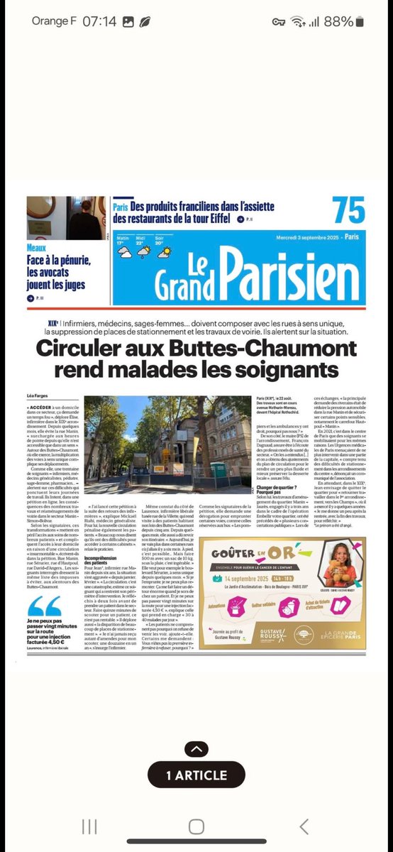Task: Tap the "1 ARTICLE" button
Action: click(x=196, y=775)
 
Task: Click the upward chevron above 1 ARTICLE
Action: click(x=196, y=749)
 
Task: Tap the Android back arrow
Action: click(x=304, y=826)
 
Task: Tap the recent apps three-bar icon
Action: click(x=89, y=826)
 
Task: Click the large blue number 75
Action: click(x=348, y=212)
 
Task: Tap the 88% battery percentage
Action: click(x=339, y=21)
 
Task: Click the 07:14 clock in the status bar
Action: click(x=99, y=21)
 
